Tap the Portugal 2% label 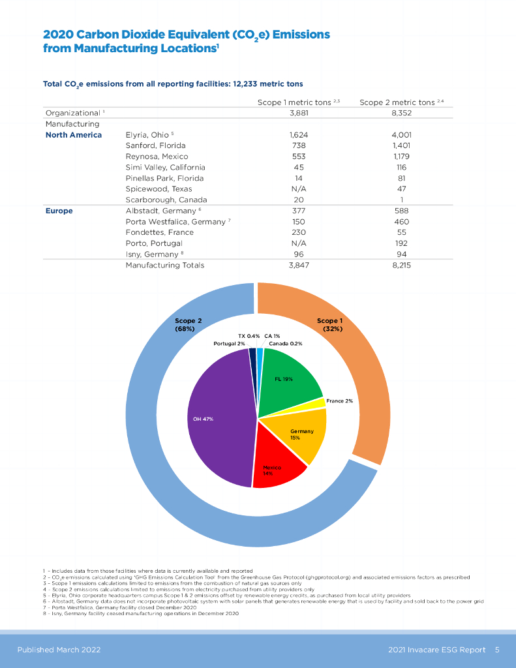(x=229, y=343)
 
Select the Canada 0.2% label (x=286, y=343)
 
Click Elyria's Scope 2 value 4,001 (x=402, y=135)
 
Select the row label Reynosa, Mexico (x=157, y=157)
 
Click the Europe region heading (x=59, y=211)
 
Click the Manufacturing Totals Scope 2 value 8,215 (x=402, y=265)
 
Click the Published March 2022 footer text (x=59, y=650)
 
